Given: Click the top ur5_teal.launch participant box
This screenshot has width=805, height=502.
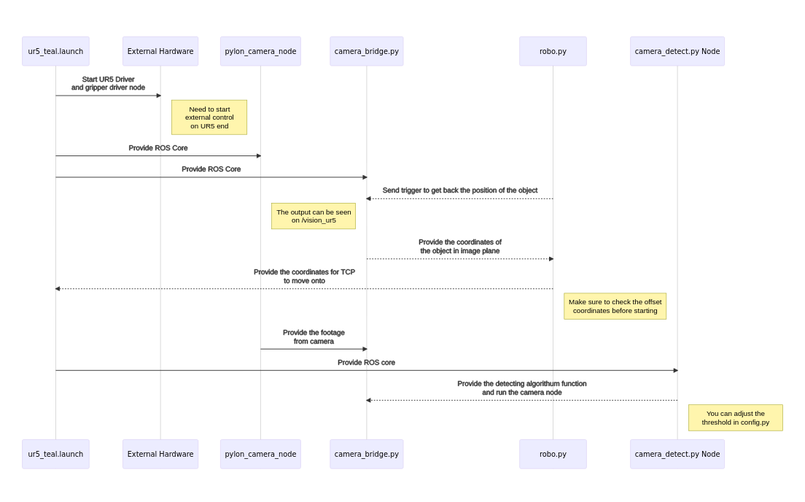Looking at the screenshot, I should click(55, 51).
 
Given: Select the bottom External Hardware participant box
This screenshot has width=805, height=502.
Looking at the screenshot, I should click(160, 454).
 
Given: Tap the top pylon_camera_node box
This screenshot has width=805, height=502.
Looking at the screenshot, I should click(260, 51).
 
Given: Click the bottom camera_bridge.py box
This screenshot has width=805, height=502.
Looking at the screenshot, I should click(366, 454).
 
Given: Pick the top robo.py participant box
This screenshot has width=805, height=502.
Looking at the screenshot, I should click(553, 51).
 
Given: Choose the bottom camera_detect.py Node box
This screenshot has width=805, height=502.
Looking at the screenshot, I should click(677, 454).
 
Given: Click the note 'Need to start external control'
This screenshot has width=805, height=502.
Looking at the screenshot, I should click(209, 117).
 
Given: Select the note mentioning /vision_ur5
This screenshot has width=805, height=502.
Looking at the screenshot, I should click(314, 216).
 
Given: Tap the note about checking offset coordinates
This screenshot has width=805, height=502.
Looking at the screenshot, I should click(615, 306).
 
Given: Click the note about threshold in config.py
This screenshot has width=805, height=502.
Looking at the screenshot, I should click(735, 418).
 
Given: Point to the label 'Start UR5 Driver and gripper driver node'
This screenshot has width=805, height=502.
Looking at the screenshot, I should click(108, 83).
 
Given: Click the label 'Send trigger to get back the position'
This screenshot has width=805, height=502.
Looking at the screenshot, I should click(459, 190).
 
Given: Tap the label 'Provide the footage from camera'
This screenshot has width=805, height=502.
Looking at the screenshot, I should click(314, 337).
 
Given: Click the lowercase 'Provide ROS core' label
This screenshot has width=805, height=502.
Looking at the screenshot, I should click(366, 363).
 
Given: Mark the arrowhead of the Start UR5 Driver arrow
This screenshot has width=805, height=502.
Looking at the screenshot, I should click(159, 96).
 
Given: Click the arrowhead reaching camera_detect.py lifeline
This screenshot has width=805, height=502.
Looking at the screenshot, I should click(675, 371).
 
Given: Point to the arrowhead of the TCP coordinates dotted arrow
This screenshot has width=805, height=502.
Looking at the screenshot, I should click(58, 289).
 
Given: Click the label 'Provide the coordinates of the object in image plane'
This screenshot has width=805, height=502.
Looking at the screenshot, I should click(459, 247).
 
